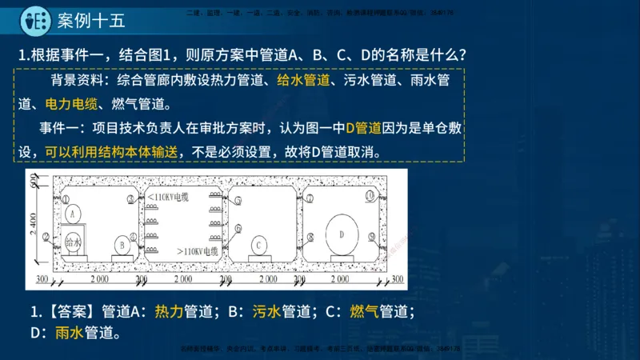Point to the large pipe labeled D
pyautogui.click(x=341, y=234)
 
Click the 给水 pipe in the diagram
pyautogui.click(x=74, y=242)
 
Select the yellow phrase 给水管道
pyautogui.click(x=303, y=80)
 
